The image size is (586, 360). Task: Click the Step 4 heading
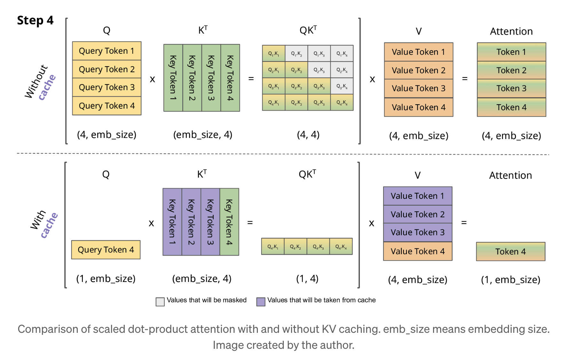pos(35,20)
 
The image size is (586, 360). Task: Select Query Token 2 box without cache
pos(107,69)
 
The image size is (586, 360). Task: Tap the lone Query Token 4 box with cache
pos(106,250)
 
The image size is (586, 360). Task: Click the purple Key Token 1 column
pos(172,222)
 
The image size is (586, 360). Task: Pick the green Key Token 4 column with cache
pos(229,222)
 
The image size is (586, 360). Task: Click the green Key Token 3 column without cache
pos(211,78)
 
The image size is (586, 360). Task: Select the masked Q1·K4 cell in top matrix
pos(342,54)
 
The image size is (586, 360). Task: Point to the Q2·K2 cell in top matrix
pos(296,70)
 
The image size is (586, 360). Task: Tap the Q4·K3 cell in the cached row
pos(318,247)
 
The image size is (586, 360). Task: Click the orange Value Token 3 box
pos(418,88)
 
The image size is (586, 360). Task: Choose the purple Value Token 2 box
pos(417,214)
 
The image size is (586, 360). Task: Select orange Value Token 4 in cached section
pos(417,251)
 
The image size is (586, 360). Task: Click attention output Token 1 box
pos(511,52)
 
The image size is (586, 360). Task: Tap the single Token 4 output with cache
pos(511,252)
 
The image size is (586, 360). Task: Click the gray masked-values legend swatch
pos(160,301)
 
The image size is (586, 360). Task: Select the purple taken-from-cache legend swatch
pos(261,301)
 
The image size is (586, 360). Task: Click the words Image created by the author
pos(283,345)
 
